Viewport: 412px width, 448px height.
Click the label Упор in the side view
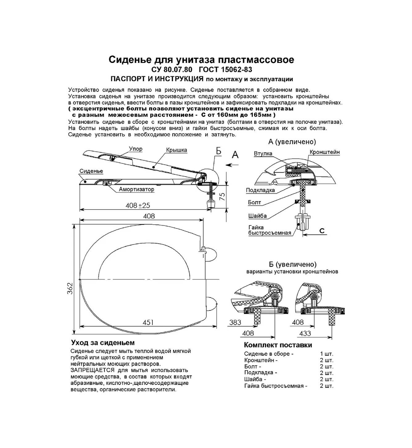[136, 149]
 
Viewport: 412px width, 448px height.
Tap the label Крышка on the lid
[176, 150]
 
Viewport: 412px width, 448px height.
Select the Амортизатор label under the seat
[136, 189]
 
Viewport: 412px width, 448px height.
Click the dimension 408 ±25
[138, 205]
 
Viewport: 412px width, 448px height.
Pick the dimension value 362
[70, 288]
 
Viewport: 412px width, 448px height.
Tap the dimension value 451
[148, 322]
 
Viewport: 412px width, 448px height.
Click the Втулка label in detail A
[263, 154]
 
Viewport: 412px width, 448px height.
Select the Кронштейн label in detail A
[324, 152]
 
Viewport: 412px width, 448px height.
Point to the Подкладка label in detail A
[260, 190]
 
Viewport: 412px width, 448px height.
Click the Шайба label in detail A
[257, 216]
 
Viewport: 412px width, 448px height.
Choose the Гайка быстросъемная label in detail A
[270, 230]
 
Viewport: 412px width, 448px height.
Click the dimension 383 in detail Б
[235, 322]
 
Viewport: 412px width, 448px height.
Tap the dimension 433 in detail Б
[305, 333]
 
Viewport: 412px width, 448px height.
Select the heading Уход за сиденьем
[103, 343]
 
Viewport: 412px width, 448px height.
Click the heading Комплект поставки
[278, 345]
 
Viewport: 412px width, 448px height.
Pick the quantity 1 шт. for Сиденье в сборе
[327, 354]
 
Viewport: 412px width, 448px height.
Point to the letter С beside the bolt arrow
[322, 231]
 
